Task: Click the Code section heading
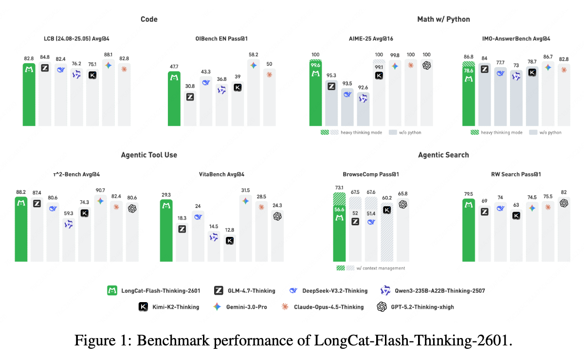149,19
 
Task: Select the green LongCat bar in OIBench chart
174,100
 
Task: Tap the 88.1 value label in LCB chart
108,55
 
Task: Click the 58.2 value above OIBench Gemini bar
253,55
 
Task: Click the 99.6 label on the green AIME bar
315,66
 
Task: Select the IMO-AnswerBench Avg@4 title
515,38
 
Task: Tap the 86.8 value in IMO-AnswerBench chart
468,57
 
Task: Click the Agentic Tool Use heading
149,155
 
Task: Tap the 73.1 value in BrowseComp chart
339,187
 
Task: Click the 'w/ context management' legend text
381,268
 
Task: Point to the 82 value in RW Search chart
564,192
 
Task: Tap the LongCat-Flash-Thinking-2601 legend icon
112,291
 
